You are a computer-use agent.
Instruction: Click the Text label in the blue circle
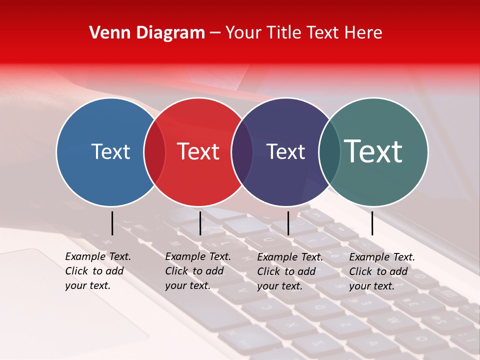coord(110,151)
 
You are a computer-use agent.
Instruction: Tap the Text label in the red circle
coord(198,151)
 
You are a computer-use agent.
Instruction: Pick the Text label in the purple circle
coord(285,151)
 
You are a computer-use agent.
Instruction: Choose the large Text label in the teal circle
coord(373,151)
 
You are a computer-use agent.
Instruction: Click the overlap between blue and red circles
coord(154,151)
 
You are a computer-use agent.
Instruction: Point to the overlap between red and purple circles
coord(242,151)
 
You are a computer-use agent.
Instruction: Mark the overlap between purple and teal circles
coord(329,151)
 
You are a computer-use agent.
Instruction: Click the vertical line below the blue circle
coord(112,223)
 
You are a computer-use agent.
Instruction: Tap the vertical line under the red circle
coord(200,223)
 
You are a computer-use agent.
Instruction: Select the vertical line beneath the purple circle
coord(288,223)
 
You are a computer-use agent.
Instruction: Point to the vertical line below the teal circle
coord(372,223)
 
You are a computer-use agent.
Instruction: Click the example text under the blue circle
coord(97,271)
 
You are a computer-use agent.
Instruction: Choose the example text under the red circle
coord(197,271)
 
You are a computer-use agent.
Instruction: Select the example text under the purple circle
coord(289,271)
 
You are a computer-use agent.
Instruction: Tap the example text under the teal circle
coord(381,271)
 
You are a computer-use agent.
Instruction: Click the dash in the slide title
coord(215,33)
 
